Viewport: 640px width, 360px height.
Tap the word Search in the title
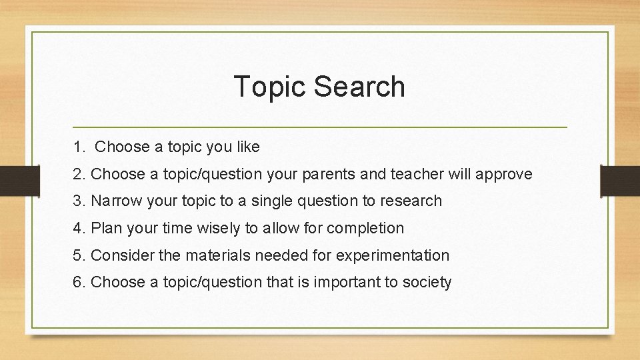358,87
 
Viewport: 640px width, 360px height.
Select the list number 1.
79,147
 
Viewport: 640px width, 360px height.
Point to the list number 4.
79,228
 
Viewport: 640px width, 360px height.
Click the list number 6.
79,282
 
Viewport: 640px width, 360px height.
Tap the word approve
507,175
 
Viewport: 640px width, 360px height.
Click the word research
411,201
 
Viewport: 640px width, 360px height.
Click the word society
427,282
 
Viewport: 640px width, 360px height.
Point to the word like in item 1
247,147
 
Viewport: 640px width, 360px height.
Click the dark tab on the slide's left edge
19,179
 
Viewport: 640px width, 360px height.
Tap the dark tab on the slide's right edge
620,179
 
